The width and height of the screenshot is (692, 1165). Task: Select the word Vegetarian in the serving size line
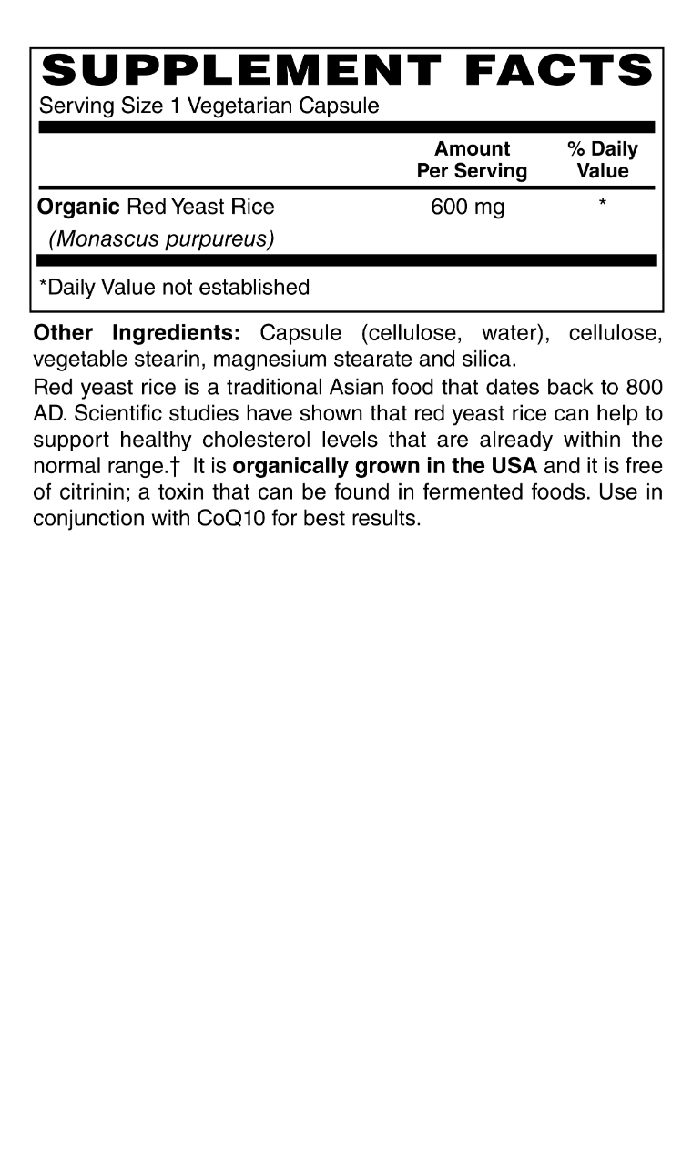[x=240, y=106]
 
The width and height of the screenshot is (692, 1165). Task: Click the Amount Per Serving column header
[x=472, y=160]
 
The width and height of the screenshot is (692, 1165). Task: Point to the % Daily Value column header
[x=603, y=160]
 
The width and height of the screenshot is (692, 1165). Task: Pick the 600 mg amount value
[x=467, y=208]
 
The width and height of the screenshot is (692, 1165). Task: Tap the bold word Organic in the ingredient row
[x=78, y=208]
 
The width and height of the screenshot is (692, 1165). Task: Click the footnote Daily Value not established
[x=174, y=288]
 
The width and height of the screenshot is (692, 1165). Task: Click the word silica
[x=490, y=360]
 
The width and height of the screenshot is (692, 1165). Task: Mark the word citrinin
[x=95, y=493]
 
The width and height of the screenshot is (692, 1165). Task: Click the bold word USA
[x=515, y=467]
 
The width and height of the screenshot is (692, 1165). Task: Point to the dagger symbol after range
[x=174, y=467]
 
